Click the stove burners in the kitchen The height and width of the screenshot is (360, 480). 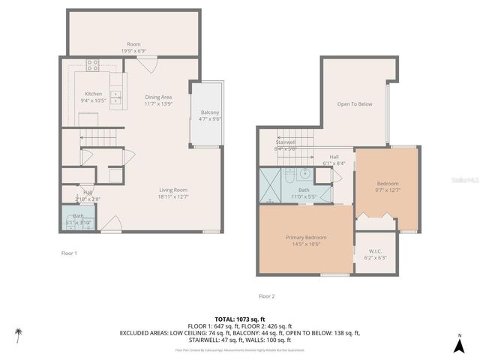[x=93, y=64]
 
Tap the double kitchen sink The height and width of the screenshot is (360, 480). [x=116, y=97]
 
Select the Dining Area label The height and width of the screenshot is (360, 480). [x=158, y=97]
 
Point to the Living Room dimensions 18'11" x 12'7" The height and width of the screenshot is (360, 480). [x=172, y=197]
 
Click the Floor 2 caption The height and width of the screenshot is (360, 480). [x=266, y=296]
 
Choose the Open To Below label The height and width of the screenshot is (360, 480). [x=354, y=104]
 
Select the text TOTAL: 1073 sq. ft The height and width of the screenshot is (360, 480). [x=239, y=319]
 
